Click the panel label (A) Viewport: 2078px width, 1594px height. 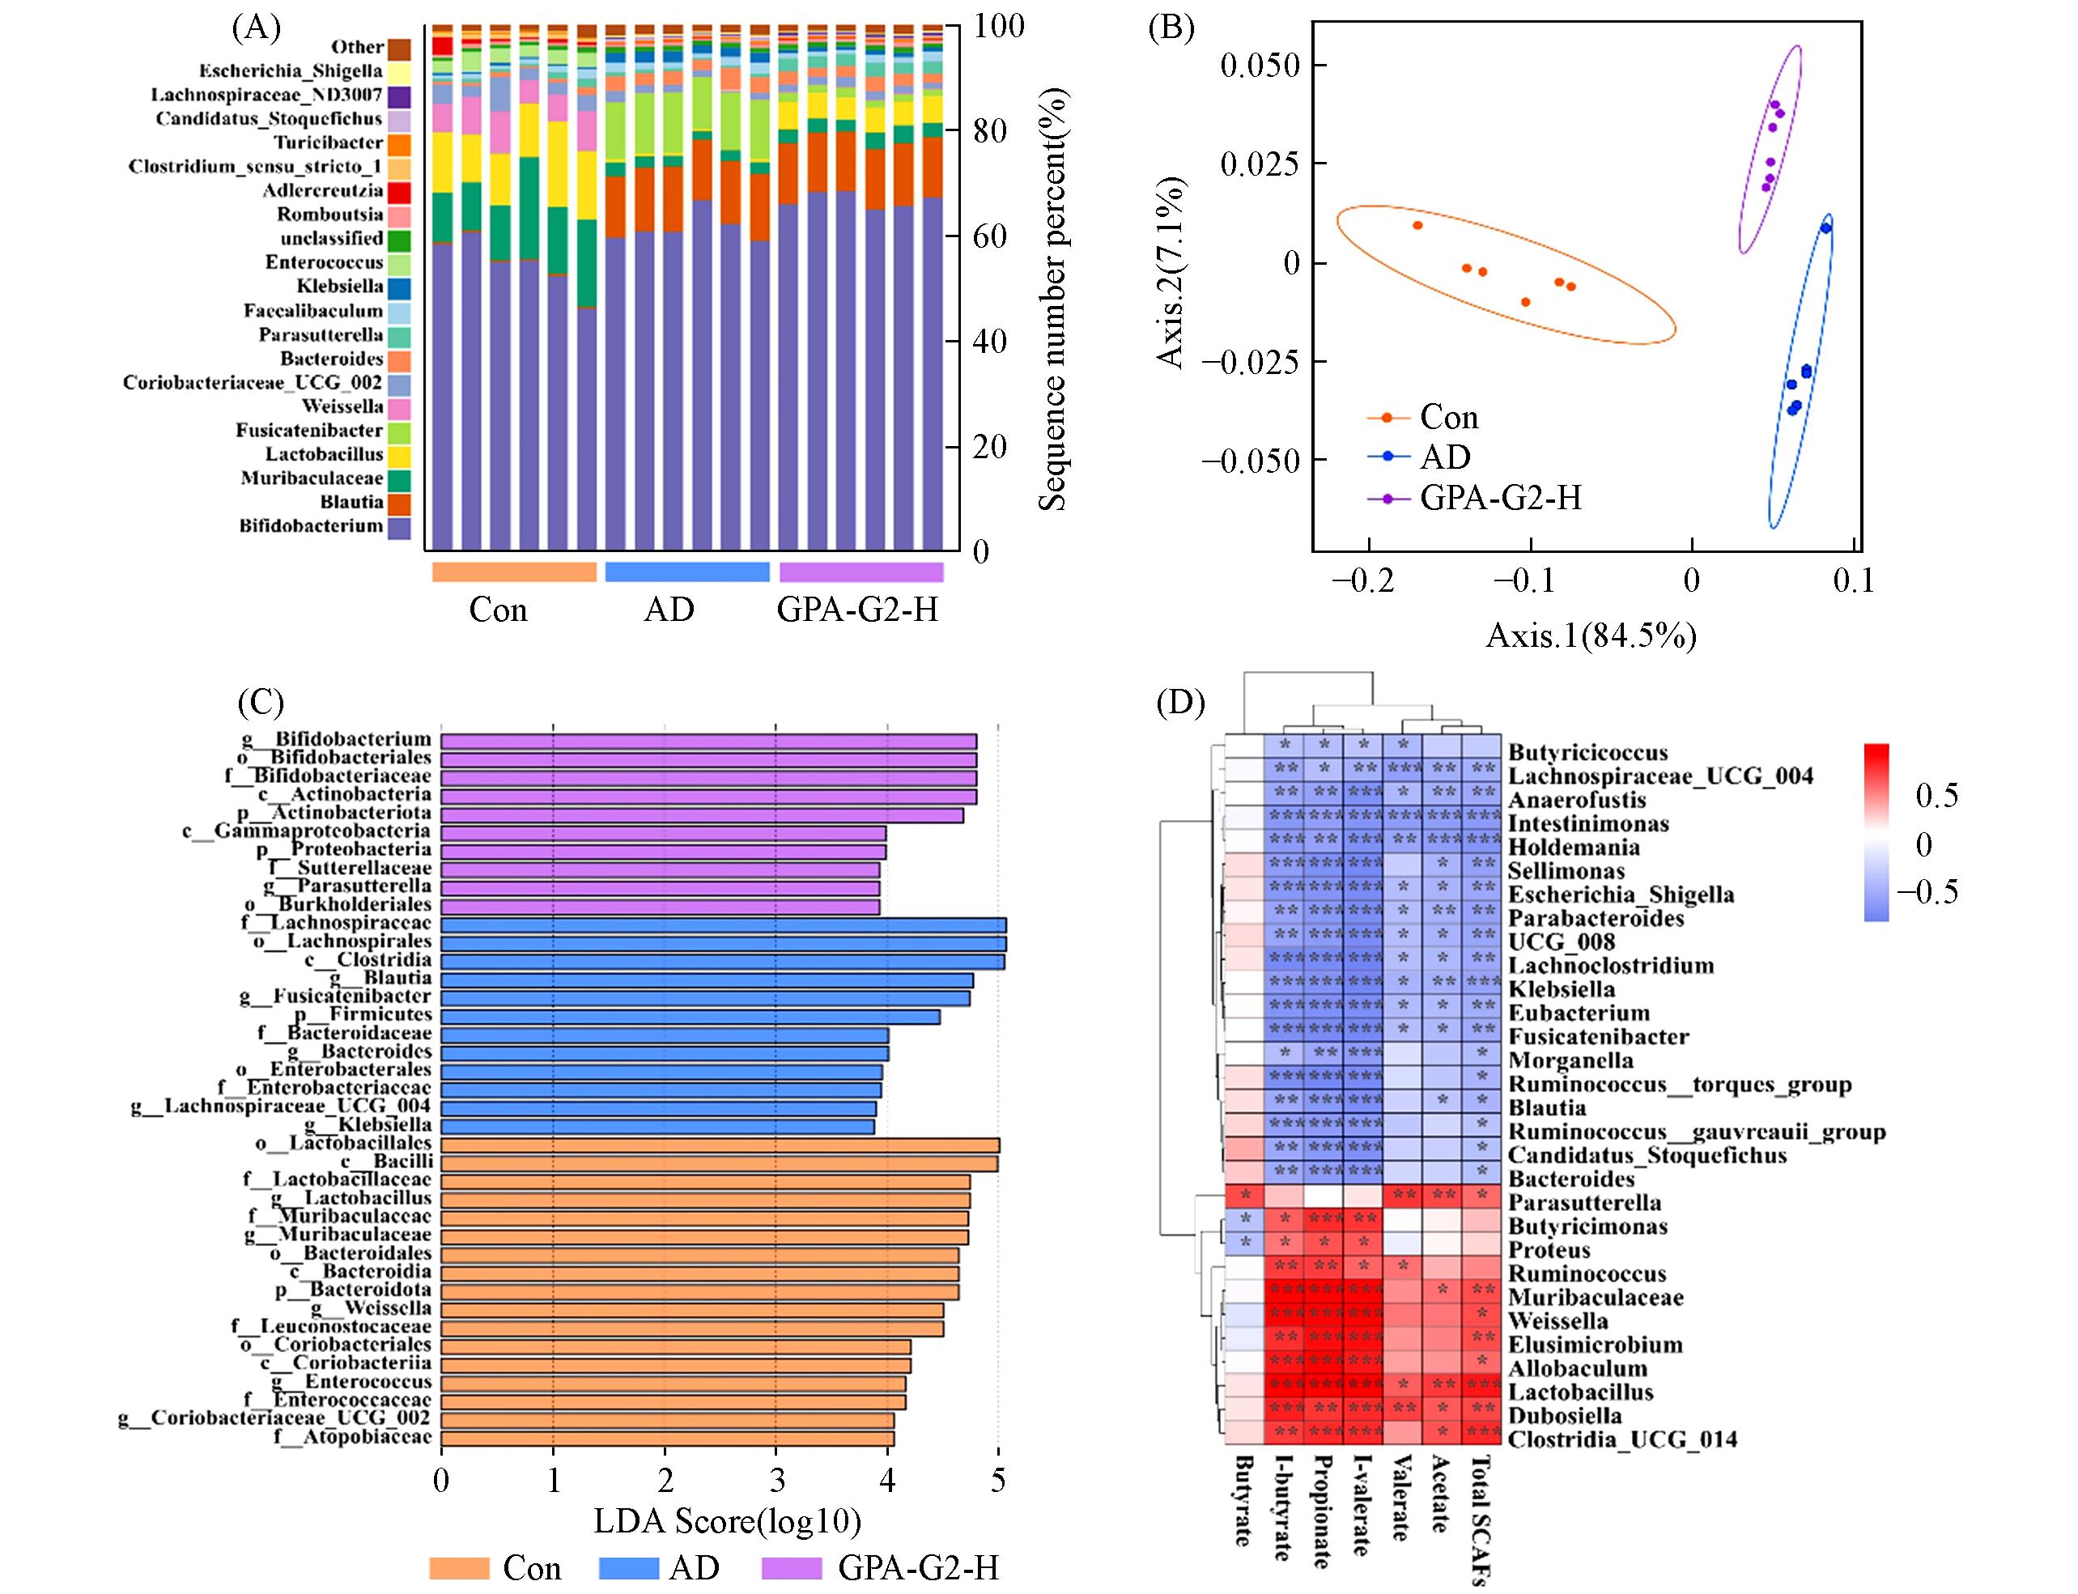(256, 28)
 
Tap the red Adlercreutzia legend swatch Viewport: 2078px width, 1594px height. (398, 192)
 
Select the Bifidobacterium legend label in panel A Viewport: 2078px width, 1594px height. (310, 526)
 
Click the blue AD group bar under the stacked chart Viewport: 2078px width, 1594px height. (687, 572)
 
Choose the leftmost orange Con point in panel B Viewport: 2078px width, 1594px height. (1417, 226)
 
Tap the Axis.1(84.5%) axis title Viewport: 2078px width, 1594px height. (1591, 635)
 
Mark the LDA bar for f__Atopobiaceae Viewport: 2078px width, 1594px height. (667, 1439)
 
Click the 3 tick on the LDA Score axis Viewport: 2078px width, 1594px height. (776, 1480)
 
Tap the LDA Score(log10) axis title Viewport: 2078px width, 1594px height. (727, 1521)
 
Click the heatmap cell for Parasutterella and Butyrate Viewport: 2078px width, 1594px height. (1244, 1196)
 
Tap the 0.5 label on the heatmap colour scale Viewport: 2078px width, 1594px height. (1936, 795)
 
